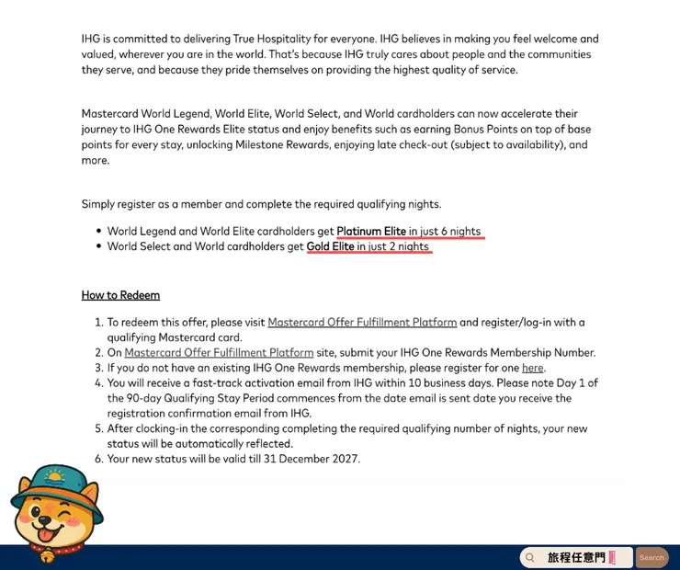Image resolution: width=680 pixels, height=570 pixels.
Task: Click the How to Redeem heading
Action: point(120,295)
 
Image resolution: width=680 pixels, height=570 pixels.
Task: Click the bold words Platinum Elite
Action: point(371,231)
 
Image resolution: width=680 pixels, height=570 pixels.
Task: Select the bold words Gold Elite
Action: point(330,246)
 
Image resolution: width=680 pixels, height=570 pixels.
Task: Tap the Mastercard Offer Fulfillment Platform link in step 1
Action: point(362,323)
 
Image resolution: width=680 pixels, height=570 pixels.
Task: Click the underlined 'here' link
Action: point(533,368)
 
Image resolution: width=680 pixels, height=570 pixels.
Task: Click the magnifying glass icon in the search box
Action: point(530,557)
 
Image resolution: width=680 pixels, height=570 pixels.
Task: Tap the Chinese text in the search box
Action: point(576,557)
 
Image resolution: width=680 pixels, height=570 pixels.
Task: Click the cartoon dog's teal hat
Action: point(54,483)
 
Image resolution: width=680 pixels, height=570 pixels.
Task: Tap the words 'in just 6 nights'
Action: point(445,231)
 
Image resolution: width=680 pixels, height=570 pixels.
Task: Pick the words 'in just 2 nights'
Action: point(392,246)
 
